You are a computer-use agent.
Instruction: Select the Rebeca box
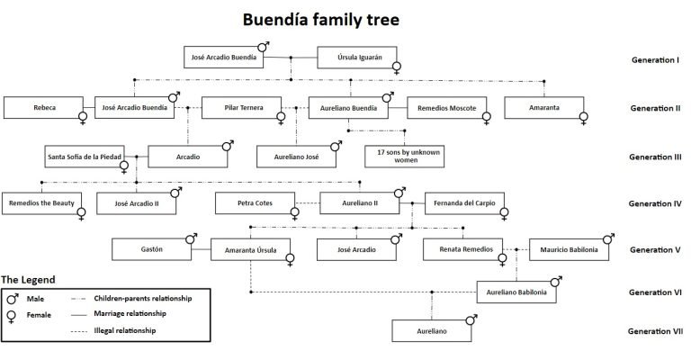[44, 108]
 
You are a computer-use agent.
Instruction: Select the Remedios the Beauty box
[41, 204]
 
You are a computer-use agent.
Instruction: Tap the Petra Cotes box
[256, 204]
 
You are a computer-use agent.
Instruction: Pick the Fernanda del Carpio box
[464, 204]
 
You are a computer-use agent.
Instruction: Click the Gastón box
[151, 249]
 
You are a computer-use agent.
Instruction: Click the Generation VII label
[655, 331]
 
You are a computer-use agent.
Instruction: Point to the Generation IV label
[655, 204]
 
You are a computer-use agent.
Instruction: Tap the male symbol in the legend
[12, 298]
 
